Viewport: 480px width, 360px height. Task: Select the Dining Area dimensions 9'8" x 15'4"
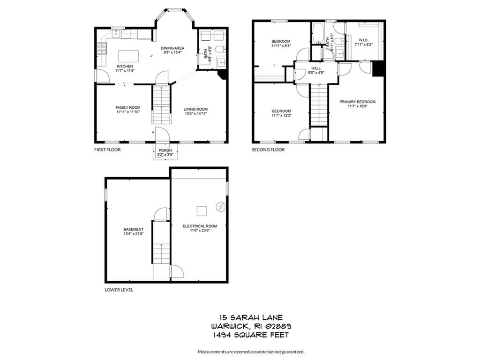tap(172, 52)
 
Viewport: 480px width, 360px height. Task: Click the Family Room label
tap(128, 107)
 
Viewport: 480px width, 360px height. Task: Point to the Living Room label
tap(195, 109)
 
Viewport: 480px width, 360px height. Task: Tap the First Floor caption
tap(107, 150)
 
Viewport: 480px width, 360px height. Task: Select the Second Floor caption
tap(269, 150)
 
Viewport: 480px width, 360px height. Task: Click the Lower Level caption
tap(119, 290)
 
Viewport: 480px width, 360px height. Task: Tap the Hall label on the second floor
tap(315, 68)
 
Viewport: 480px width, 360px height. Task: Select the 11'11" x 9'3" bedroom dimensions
tap(281, 46)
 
